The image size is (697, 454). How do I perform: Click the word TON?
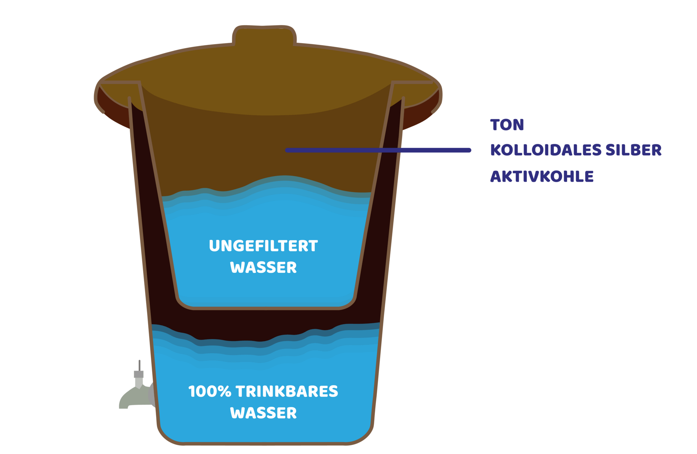[x=507, y=125]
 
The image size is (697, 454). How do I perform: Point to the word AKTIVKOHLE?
[x=542, y=177]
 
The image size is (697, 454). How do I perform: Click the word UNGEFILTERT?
[x=263, y=246]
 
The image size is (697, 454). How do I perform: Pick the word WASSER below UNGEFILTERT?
[x=263, y=268]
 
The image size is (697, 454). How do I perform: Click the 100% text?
[x=209, y=392]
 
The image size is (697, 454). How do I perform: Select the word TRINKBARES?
[x=287, y=392]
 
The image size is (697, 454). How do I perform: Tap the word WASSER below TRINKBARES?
[x=263, y=413]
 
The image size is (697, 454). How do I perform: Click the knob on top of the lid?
[x=264, y=36]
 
